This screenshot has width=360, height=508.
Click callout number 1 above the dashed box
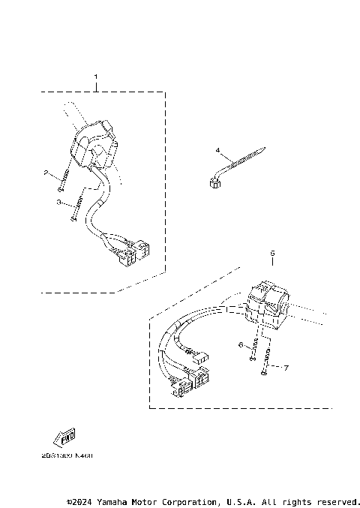[96, 77]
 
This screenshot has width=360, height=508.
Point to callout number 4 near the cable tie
[218, 151]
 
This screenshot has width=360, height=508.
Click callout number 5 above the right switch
[272, 254]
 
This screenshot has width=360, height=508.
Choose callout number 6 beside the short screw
[241, 344]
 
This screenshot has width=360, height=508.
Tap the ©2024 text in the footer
[80, 500]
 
